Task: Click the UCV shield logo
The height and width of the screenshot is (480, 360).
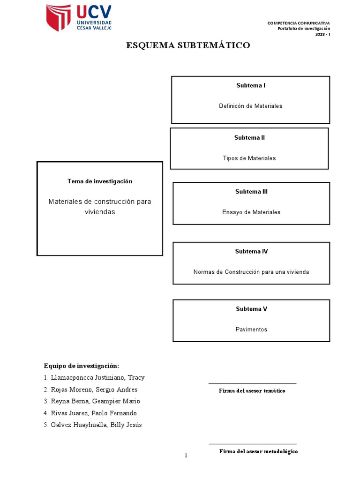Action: [58, 18]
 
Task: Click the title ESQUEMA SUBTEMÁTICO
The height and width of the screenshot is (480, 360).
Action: [188, 45]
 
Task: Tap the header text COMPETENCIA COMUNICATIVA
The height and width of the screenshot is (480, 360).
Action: [299, 23]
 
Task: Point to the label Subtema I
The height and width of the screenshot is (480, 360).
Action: [250, 86]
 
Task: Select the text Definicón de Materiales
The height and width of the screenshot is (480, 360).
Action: [250, 106]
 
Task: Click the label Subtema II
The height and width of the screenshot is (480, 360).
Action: [249, 138]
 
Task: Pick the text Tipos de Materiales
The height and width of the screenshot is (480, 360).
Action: [249, 158]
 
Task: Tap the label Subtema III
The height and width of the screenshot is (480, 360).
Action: [251, 192]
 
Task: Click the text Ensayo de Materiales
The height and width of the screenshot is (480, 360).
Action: [251, 212]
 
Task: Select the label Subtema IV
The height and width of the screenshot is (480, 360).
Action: [251, 252]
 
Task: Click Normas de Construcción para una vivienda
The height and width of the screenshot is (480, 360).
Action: [251, 272]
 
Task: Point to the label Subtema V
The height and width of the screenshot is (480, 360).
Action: [251, 309]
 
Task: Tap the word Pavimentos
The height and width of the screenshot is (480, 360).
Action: [251, 330]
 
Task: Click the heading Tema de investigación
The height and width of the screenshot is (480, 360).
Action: [100, 181]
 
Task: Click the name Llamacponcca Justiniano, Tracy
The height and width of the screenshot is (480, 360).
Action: [101, 378]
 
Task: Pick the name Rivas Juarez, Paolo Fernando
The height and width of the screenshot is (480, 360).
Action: [96, 413]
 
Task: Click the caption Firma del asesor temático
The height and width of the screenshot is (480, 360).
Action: [252, 391]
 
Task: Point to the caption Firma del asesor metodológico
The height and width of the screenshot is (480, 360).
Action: [258, 451]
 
